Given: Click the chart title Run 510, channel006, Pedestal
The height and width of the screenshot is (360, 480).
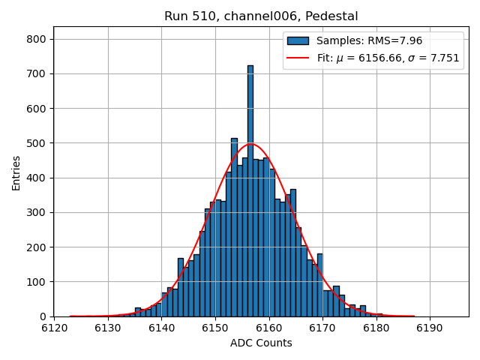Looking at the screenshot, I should pos(261,16).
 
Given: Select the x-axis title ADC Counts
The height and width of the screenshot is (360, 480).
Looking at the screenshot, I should pos(261,343).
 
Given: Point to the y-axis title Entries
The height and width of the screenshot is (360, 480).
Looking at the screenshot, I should pos(16,172).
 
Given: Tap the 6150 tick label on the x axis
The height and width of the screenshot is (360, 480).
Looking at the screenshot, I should pos(215,328).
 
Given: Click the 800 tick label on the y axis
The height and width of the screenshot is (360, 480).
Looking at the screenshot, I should pos(37,39).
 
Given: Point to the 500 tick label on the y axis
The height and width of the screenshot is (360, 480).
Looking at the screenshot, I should pos(37,143).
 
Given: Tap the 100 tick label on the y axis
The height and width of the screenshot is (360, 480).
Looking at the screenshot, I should pos(37,282).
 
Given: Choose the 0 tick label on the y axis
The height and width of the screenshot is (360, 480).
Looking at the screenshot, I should pos(43,316).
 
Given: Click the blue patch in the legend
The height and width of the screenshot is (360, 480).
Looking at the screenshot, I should pos(298,40).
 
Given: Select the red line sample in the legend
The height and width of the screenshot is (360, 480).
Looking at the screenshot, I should pos(298,58).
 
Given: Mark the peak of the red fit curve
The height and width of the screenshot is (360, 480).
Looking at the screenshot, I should pos(250,144).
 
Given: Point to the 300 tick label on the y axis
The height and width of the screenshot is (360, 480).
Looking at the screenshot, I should pos(37,212).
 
